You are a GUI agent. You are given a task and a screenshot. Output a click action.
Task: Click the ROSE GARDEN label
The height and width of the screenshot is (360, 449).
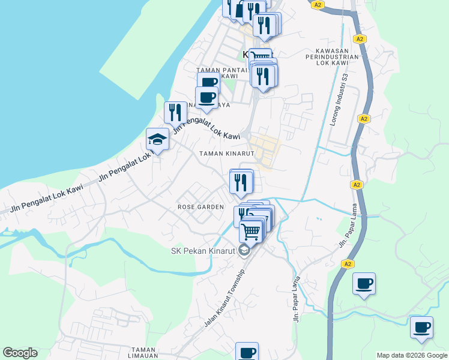tap(200, 207)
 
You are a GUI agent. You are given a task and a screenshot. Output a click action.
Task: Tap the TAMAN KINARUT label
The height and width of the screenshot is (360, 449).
tap(228, 154)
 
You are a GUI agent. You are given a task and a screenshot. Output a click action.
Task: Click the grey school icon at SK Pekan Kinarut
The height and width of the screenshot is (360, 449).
tap(244, 250)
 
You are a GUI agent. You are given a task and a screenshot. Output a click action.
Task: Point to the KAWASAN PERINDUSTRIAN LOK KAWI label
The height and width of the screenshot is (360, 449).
tap(337, 56)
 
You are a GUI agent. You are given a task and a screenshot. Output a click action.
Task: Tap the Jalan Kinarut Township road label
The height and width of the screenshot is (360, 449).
tap(224, 298)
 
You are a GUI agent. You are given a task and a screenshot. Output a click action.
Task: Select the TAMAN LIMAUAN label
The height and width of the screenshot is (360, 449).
tap(144, 353)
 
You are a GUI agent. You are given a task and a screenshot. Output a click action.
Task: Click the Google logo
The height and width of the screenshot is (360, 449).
tap(20, 353)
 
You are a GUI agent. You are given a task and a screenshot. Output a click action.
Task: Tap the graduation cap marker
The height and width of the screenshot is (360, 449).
tap(157, 140)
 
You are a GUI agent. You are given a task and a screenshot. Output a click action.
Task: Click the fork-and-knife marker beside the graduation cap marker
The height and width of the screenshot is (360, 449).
tap(175, 112)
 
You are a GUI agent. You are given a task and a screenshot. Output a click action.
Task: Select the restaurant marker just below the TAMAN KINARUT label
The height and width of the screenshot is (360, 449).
tap(241, 181)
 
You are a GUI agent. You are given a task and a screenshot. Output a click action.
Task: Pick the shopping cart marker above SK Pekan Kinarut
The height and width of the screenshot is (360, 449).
tap(252, 230)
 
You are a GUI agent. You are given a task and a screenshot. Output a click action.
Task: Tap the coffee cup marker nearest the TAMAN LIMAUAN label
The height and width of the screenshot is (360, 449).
tap(247, 352)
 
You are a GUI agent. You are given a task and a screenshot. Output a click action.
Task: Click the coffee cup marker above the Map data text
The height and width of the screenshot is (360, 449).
tap(421, 328)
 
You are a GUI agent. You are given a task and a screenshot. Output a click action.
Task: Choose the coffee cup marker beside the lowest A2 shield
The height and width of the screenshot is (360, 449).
tap(364, 283)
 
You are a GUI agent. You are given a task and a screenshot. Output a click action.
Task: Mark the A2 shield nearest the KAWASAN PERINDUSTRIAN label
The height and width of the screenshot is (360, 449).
tap(360, 39)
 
